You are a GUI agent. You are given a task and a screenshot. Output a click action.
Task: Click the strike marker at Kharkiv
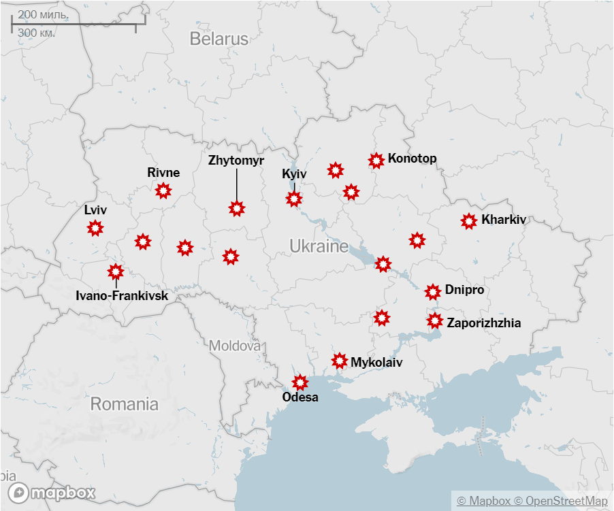pos(468,221)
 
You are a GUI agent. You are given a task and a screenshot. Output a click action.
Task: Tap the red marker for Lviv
pos(95,228)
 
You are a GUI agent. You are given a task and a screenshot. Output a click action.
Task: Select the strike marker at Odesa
pos(300,382)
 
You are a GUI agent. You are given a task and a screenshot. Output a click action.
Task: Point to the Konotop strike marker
pos(376,161)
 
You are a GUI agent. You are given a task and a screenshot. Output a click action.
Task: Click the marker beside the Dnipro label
pos(432,292)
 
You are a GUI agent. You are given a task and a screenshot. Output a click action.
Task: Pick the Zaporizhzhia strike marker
pos(434,320)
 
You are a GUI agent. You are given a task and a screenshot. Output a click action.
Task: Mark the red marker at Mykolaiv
pos(340,361)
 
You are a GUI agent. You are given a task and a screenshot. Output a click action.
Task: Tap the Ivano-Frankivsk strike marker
pos(116,271)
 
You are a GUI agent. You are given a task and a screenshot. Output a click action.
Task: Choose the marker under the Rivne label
pos(163,191)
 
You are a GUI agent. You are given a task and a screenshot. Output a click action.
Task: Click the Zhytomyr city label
pos(236,161)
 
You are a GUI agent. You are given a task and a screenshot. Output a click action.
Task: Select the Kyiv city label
pos(294,174)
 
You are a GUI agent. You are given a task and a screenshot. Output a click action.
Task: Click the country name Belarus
pos(219,39)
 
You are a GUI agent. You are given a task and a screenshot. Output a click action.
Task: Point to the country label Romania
pos(124,404)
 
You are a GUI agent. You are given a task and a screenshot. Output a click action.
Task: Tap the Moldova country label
pos(235,346)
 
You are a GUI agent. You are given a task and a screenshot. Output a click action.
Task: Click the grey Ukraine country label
pos(319,246)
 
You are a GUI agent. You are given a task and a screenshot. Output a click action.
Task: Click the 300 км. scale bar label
pos(37,33)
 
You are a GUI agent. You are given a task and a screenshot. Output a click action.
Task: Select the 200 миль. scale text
pos(42,14)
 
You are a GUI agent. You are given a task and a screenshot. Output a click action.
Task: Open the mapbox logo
pos(52,493)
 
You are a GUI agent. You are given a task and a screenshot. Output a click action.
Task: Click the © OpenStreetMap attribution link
pos(560,501)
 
